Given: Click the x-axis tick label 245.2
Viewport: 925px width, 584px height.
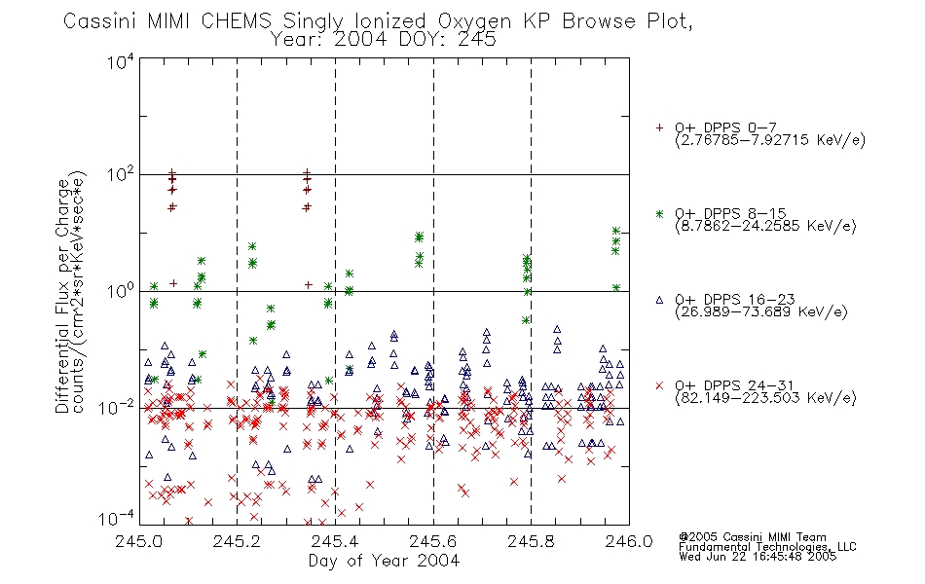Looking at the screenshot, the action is [x=238, y=541].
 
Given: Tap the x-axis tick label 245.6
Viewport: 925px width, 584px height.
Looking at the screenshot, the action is [x=433, y=541].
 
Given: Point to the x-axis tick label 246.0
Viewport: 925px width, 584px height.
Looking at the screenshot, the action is [x=629, y=541].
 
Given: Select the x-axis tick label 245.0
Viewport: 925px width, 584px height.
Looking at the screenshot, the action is [x=139, y=541].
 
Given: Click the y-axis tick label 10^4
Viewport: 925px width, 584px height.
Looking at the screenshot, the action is [x=121, y=61].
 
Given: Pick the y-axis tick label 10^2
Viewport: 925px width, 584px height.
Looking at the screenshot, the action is [x=121, y=175].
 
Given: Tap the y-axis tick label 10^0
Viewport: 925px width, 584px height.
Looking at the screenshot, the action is [x=121, y=291].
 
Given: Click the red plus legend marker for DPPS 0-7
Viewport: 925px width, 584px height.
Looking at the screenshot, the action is [x=659, y=128].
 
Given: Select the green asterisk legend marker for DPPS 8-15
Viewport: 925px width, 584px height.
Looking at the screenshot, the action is [x=659, y=214].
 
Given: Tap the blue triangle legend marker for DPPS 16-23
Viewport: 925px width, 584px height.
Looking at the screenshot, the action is [x=659, y=300].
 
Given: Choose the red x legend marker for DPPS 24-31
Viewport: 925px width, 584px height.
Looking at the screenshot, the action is [x=659, y=385].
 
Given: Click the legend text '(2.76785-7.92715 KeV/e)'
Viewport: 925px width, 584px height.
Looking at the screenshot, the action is [x=770, y=140].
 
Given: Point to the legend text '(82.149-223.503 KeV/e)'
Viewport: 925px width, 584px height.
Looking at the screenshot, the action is [x=765, y=398].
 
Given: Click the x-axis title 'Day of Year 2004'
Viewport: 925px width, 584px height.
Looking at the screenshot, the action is [x=384, y=561].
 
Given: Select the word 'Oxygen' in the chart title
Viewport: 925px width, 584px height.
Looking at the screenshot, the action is [x=474, y=21].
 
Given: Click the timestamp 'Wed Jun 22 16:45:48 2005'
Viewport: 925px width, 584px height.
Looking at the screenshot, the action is [x=758, y=557].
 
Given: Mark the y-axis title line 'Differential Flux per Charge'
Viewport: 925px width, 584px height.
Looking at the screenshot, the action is [x=62, y=296].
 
